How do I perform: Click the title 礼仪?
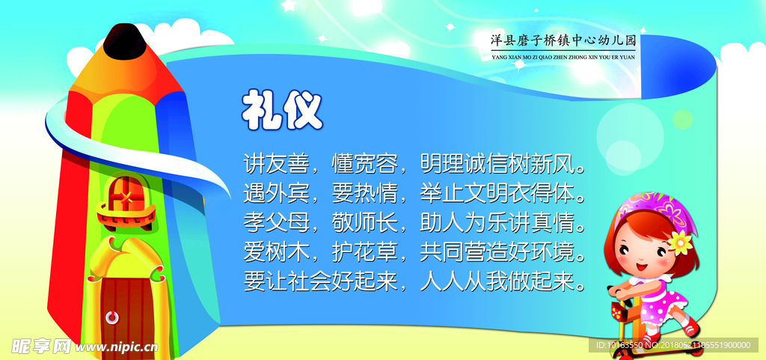282,111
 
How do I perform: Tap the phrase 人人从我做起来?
524,281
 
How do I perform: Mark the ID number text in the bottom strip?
673,345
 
